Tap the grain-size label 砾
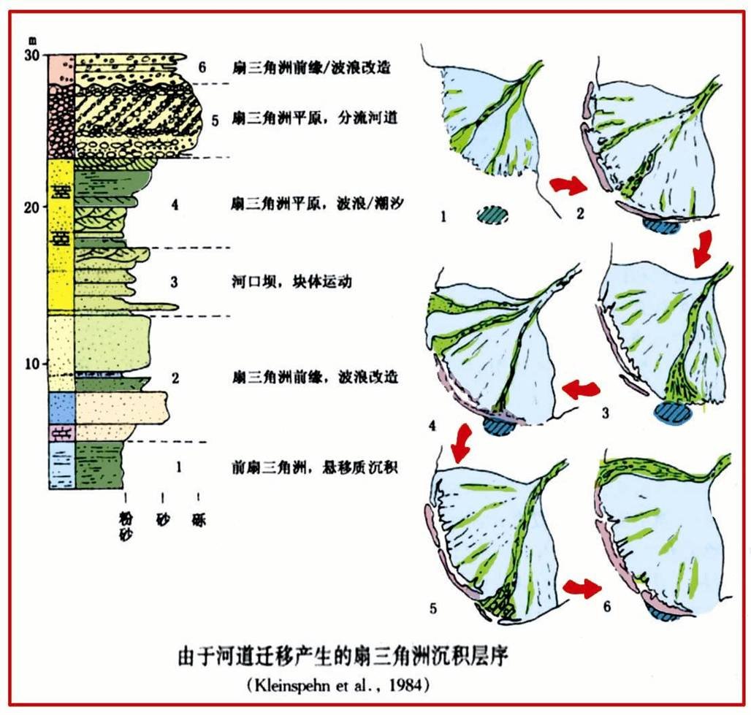(x=198, y=521)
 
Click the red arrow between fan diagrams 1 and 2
(x=568, y=186)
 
